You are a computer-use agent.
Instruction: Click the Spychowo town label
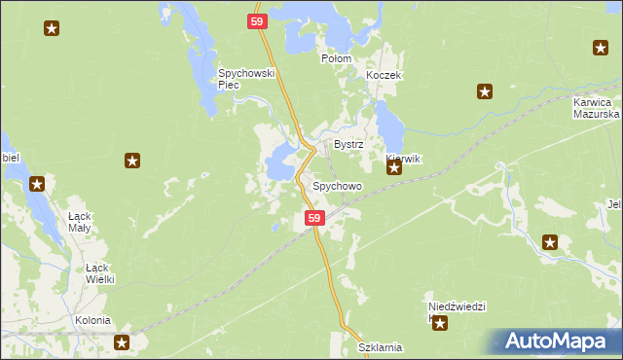click(337, 186)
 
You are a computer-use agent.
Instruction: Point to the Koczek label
click(383, 75)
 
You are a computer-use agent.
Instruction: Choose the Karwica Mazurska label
click(591, 107)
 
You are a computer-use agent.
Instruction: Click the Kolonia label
click(92, 320)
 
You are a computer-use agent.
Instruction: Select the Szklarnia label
click(380, 347)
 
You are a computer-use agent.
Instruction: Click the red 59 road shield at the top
click(257, 20)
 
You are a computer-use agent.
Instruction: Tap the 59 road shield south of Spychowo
click(313, 219)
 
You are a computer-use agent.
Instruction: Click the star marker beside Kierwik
click(394, 168)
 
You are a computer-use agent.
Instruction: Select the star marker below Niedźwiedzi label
click(440, 323)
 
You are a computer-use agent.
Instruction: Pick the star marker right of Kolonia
click(122, 342)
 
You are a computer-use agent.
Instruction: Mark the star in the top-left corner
click(52, 28)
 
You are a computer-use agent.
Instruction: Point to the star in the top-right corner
click(601, 48)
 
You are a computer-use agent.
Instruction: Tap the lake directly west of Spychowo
click(280, 162)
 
